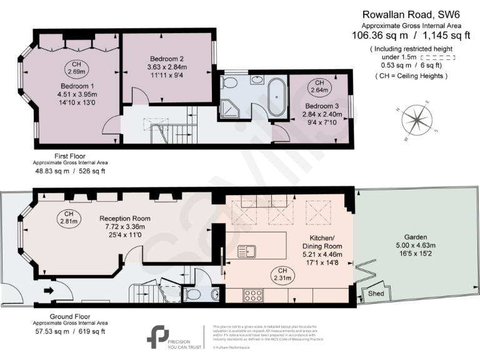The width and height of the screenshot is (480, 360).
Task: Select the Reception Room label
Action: coord(125,218)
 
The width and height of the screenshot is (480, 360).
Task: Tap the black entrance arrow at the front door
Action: coord(48,291)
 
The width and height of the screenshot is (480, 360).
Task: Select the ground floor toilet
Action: coord(194,293)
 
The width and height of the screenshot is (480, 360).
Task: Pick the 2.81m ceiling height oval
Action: coord(69,216)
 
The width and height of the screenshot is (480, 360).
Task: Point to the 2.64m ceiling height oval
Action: coord(319,87)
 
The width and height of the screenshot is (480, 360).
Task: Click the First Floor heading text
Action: coord(69,156)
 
